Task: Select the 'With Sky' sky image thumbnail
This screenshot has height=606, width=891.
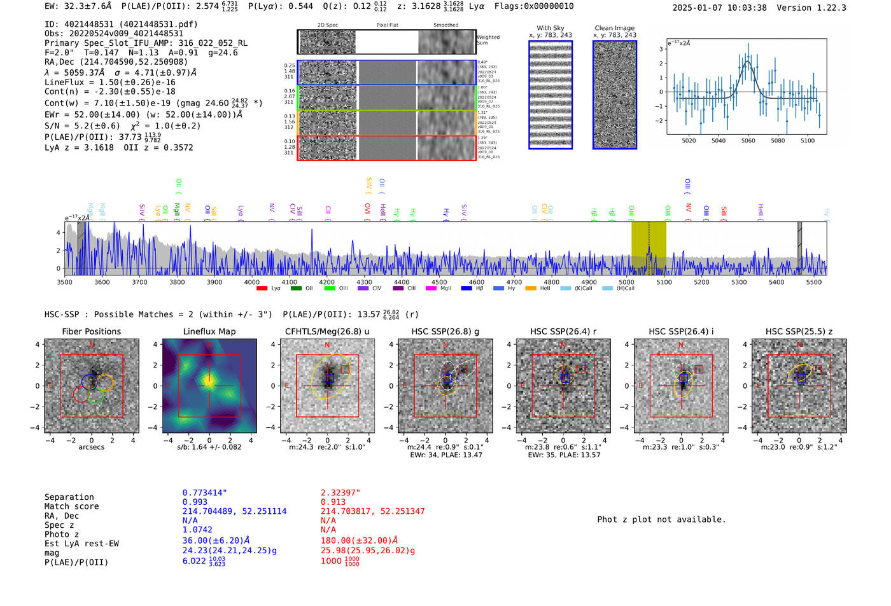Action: [x=551, y=95]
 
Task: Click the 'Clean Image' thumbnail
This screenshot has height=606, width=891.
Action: [x=614, y=95]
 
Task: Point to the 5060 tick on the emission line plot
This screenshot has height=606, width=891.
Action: [x=748, y=141]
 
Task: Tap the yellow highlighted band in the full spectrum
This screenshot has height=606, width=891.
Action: [x=649, y=245]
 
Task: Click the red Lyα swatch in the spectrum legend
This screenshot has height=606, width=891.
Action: [x=262, y=289]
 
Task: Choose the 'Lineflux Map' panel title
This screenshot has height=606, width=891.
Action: [x=209, y=331]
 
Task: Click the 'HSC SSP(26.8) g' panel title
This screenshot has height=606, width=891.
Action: [x=445, y=331]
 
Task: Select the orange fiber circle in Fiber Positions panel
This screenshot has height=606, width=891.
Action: [x=105, y=382]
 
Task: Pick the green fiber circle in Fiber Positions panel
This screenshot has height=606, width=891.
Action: [x=95, y=396]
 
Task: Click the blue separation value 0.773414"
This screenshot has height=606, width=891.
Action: [x=204, y=493]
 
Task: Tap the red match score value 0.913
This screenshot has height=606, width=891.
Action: [x=333, y=502]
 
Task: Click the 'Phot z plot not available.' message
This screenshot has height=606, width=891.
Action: [x=661, y=520]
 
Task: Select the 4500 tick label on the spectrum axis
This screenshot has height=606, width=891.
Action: [x=439, y=282]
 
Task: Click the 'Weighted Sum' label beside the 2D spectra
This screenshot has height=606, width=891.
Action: [x=488, y=40]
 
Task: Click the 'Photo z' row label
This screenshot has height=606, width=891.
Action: [x=62, y=534]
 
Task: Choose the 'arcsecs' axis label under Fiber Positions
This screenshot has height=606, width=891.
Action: [x=91, y=447]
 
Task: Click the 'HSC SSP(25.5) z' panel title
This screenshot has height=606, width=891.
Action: [x=799, y=331]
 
